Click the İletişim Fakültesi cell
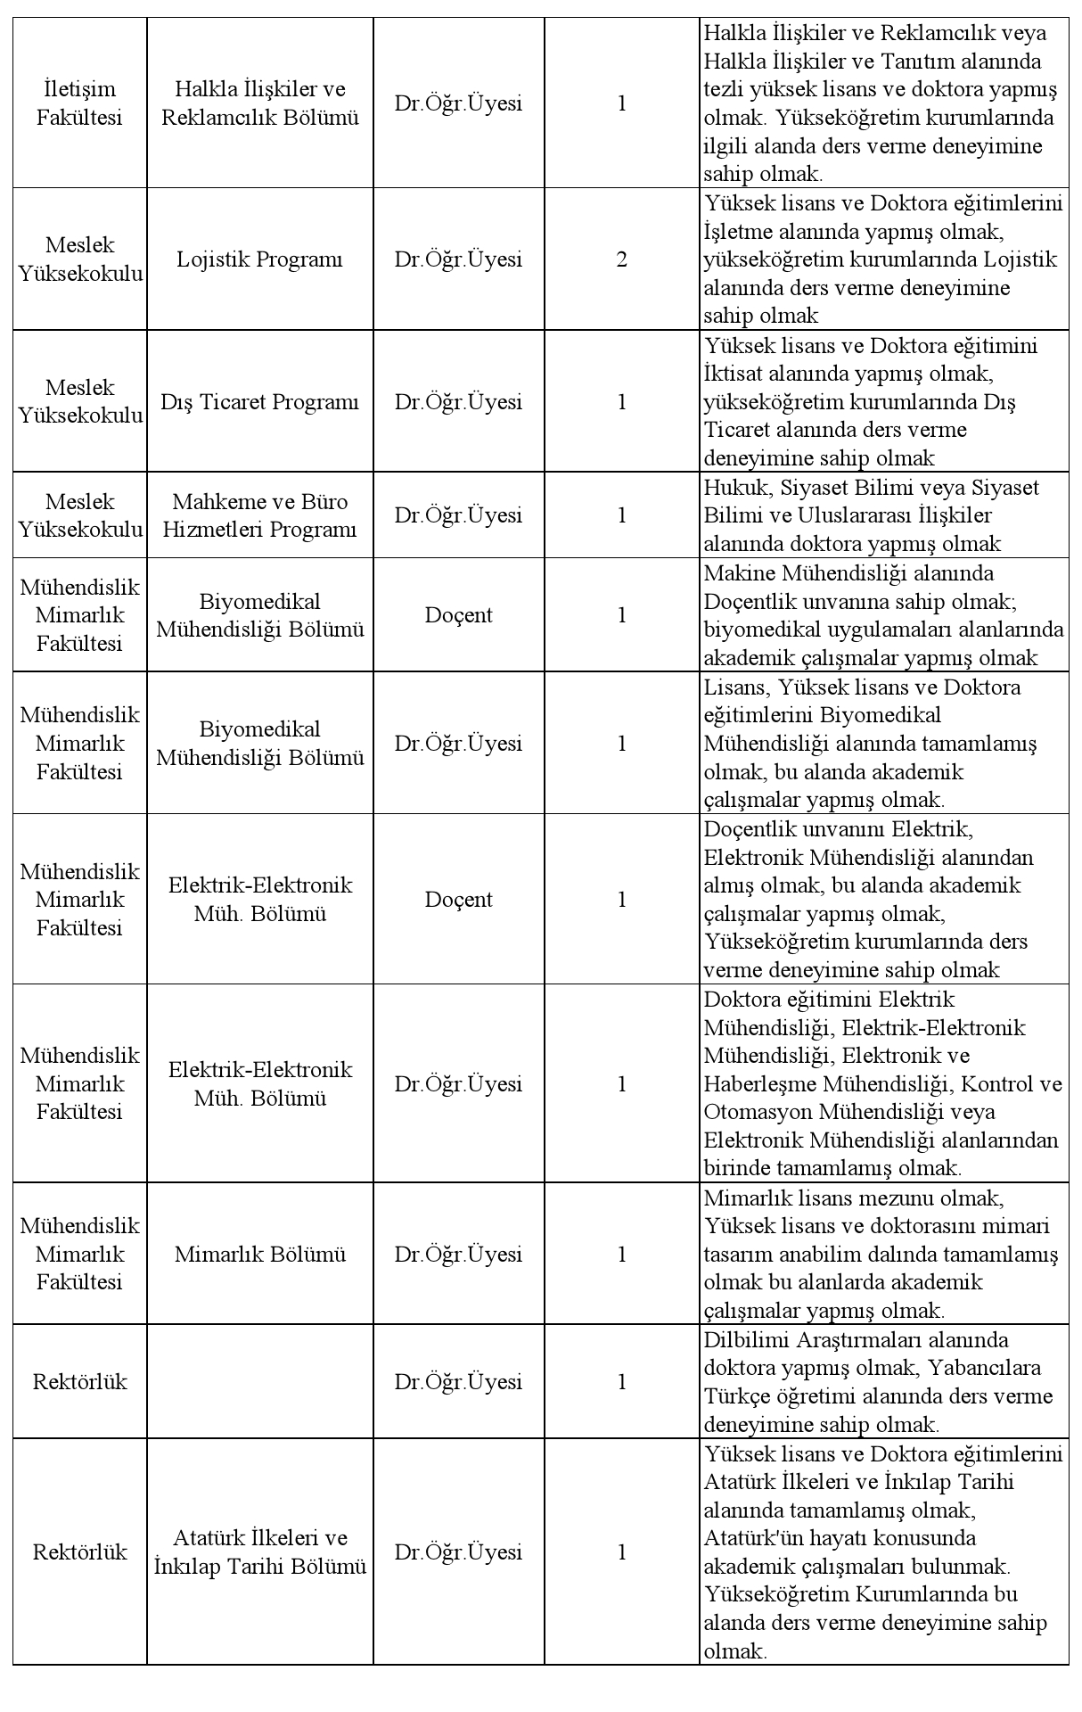79,103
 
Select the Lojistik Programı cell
259,259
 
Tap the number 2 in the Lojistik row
621,259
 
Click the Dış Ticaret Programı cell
259,402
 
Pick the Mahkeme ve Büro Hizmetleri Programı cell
259,515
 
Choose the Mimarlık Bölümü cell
259,1255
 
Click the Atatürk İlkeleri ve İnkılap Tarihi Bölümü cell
259,1552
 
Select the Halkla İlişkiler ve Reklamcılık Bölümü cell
259,103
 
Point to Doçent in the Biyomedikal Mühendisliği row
458,615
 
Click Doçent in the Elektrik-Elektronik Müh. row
458,900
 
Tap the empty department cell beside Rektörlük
259,1382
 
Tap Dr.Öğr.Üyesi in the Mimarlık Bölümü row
458,1255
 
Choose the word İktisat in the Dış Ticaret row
734,374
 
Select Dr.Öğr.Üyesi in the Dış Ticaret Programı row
458,402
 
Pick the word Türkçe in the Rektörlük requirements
734,1396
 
